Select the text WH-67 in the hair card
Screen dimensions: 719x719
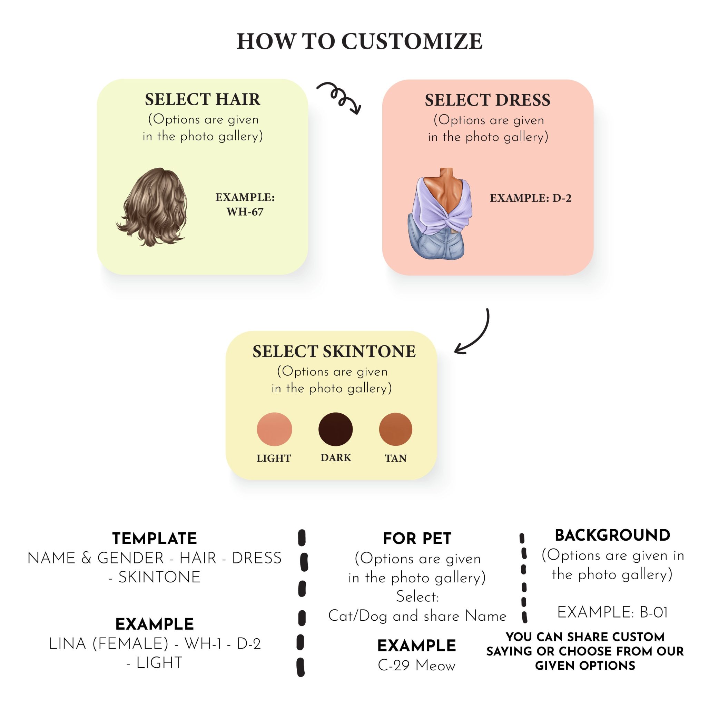pos(245,212)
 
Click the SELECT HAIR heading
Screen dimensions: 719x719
pos(203,99)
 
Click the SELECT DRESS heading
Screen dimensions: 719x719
pos(487,100)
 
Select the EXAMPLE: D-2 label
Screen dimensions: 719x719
pos(530,198)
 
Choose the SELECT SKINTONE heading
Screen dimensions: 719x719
pos(334,351)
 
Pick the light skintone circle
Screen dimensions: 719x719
pos(274,429)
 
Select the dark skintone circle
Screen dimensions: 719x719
pos(335,429)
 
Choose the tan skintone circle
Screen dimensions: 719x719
pos(395,429)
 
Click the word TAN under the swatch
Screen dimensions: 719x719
pos(396,458)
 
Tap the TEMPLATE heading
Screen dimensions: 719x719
pos(155,539)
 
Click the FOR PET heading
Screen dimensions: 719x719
pos(417,539)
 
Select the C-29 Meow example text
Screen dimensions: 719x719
pos(416,666)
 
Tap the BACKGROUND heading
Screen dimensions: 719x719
pos(612,535)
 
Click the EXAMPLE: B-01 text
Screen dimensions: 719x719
pos(612,612)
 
